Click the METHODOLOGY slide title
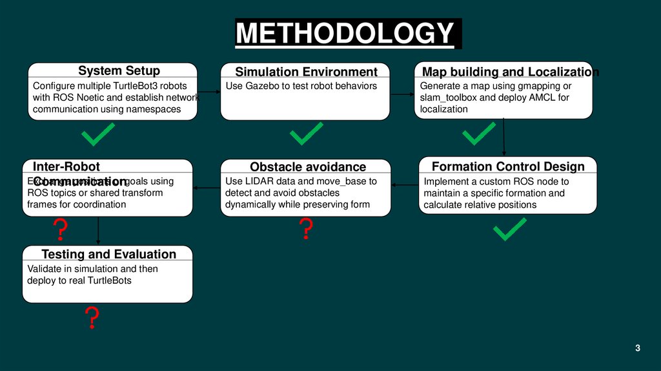pyautogui.click(x=347, y=34)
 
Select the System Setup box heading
pyautogui.click(x=119, y=70)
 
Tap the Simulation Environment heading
pyautogui.click(x=305, y=72)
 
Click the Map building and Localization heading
pyautogui.click(x=510, y=72)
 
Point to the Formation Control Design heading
pyautogui.click(x=507, y=166)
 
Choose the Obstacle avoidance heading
pyautogui.click(x=307, y=167)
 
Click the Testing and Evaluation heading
pyautogui.click(x=108, y=254)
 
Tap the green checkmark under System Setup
pyautogui.click(x=98, y=135)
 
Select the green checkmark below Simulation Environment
pyautogui.click(x=307, y=135)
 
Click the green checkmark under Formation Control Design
pyautogui.click(x=509, y=229)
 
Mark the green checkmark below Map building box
pyautogui.click(x=479, y=134)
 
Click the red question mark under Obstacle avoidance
pyautogui.click(x=306, y=229)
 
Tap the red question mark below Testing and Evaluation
pyautogui.click(x=92, y=317)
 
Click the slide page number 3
pyautogui.click(x=637, y=349)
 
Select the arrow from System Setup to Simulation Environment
pyautogui.click(x=209, y=94)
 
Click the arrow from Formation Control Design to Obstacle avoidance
pyautogui.click(x=405, y=185)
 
